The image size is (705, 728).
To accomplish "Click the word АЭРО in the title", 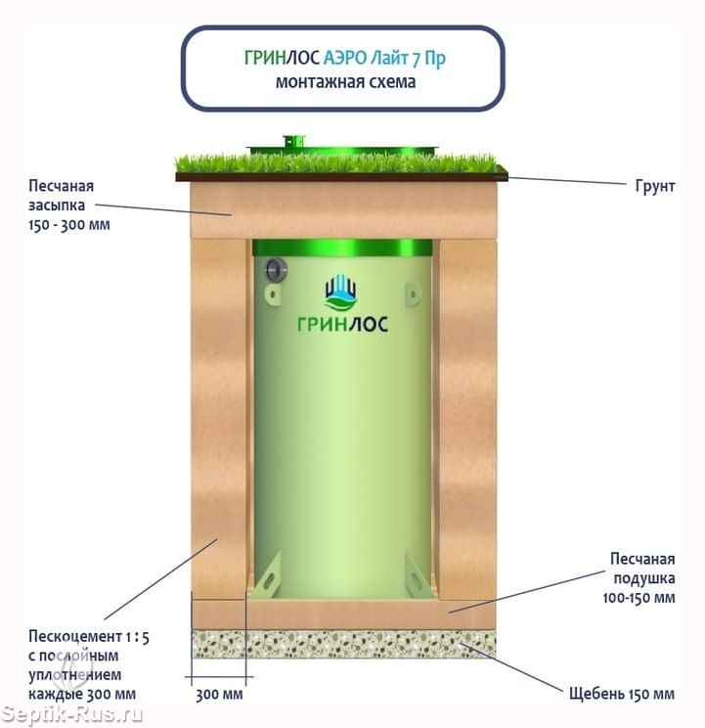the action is point(344,58).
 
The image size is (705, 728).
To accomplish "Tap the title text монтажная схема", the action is point(345,82).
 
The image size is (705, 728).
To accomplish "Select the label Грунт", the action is point(654,186).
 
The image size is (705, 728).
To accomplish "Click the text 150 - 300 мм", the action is point(69,225).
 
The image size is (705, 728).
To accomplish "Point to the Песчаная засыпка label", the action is point(62,196).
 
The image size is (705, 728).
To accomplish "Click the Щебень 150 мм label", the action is point(622,694).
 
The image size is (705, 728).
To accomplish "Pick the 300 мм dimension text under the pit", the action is point(219,695).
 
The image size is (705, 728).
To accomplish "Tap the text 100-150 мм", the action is point(639,598).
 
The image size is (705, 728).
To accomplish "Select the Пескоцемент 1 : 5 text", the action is point(89,637).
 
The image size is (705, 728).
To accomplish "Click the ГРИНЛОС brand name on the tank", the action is point(342,324).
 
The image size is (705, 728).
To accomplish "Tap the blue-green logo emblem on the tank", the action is point(341,292).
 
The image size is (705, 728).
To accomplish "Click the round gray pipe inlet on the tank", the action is point(276,270).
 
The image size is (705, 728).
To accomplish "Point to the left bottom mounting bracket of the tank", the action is point(266,576).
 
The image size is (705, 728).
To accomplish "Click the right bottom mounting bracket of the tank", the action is point(419,575).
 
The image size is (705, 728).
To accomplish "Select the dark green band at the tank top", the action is point(342,248).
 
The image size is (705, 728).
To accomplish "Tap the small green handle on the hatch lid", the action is point(293,141).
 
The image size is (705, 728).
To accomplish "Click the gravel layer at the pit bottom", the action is point(343,644).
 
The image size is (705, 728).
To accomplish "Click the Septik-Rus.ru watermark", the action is point(71,714).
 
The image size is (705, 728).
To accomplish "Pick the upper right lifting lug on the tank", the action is point(413,294).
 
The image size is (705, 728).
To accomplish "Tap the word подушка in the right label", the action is point(644,578).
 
